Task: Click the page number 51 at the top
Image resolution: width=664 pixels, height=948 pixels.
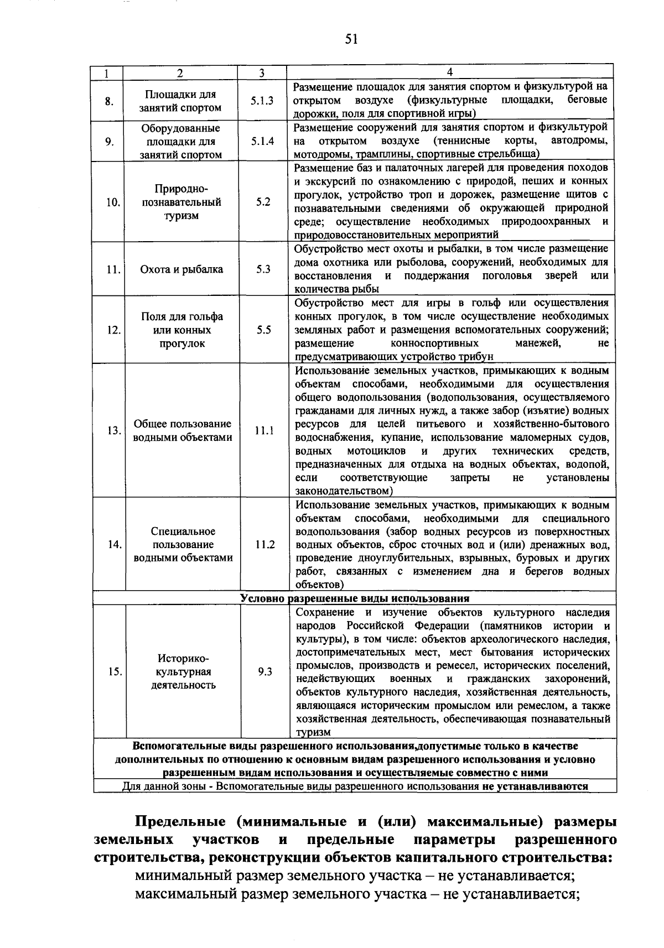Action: click(x=351, y=39)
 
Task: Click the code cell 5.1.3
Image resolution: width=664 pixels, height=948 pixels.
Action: click(x=262, y=101)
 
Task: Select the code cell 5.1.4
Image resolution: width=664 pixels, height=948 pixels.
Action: click(x=262, y=141)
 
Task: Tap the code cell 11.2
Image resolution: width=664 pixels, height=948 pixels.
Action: click(x=265, y=544)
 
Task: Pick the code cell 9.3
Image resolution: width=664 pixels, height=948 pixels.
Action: click(x=265, y=671)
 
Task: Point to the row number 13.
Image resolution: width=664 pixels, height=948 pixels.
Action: click(x=114, y=430)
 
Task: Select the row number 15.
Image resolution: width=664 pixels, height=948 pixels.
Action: click(x=115, y=671)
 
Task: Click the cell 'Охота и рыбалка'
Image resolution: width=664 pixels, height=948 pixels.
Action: click(x=181, y=269)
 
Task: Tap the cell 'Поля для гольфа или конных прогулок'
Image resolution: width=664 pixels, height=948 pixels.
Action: click(x=182, y=330)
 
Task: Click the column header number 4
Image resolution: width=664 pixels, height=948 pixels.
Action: click(x=450, y=72)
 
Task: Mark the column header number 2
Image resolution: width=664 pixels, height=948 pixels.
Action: click(x=179, y=72)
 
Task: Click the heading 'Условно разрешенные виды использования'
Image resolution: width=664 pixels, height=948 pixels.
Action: click(x=355, y=598)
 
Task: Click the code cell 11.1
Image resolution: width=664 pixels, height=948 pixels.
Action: click(x=264, y=430)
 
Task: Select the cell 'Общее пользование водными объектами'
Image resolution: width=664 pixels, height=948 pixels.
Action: click(x=183, y=430)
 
